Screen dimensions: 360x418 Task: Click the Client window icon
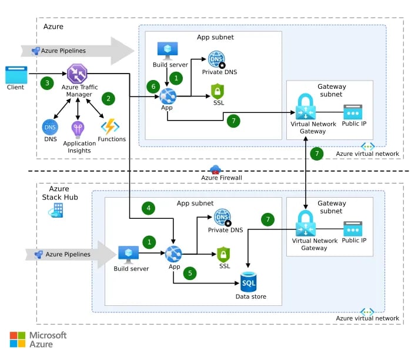pyautogui.click(x=16, y=75)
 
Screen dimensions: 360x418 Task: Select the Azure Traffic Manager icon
pyautogui.click(x=77, y=74)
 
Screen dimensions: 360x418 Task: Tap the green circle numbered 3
pyautogui.click(x=47, y=83)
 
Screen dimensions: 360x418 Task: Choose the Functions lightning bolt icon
pyautogui.click(x=110, y=126)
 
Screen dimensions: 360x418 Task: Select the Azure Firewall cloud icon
pyautogui.click(x=215, y=169)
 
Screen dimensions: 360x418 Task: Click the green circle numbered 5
pyautogui.click(x=189, y=273)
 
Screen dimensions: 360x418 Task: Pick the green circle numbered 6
pyautogui.click(x=155, y=86)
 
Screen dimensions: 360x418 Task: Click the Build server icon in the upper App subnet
pyautogui.click(x=164, y=49)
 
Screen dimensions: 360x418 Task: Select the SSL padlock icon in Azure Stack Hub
pyautogui.click(x=223, y=255)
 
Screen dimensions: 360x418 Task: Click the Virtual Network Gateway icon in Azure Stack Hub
pyautogui.click(x=307, y=224)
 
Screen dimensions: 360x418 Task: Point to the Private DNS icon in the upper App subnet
pyautogui.click(x=216, y=59)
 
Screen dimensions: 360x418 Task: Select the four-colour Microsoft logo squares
pyautogui.click(x=18, y=339)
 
